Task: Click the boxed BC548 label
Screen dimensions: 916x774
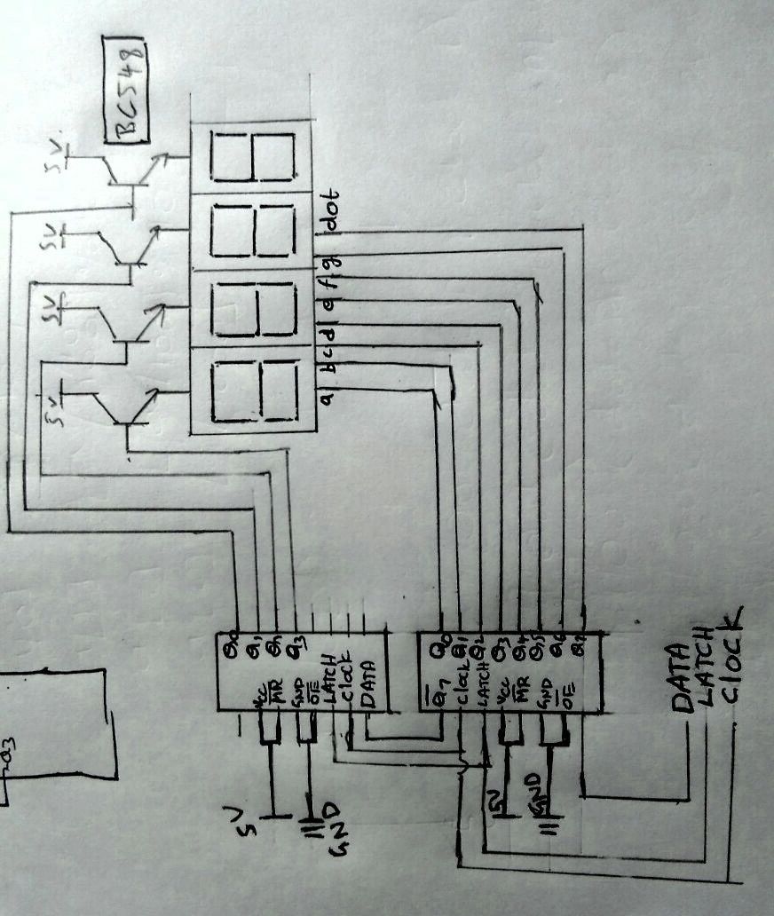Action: [125, 89]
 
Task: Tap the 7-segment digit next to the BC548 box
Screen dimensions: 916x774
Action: [252, 156]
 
